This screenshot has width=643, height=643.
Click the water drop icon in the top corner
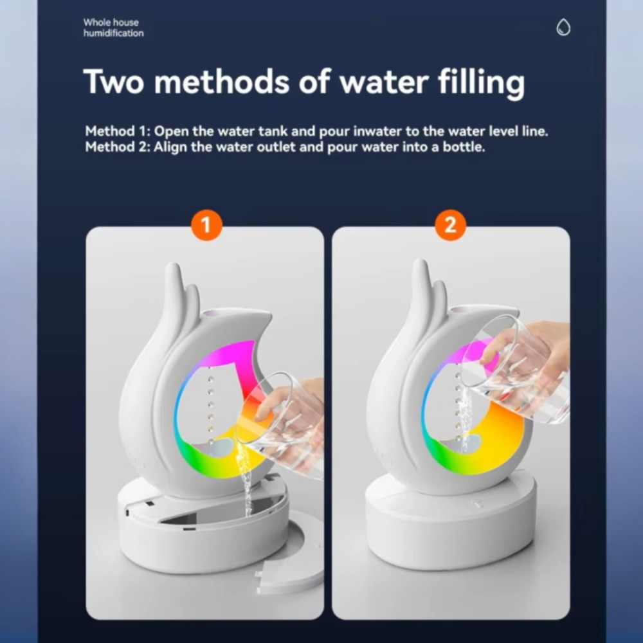click(x=563, y=28)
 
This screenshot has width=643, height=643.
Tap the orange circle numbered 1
click(x=206, y=225)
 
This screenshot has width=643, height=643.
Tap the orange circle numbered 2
click(x=450, y=225)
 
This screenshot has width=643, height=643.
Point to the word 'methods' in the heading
click(x=222, y=81)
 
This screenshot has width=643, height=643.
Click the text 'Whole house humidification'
click(x=114, y=28)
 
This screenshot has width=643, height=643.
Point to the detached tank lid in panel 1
click(x=289, y=554)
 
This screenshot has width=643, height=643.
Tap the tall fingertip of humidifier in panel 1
click(x=174, y=269)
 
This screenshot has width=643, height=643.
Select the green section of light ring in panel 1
click(x=196, y=459)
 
